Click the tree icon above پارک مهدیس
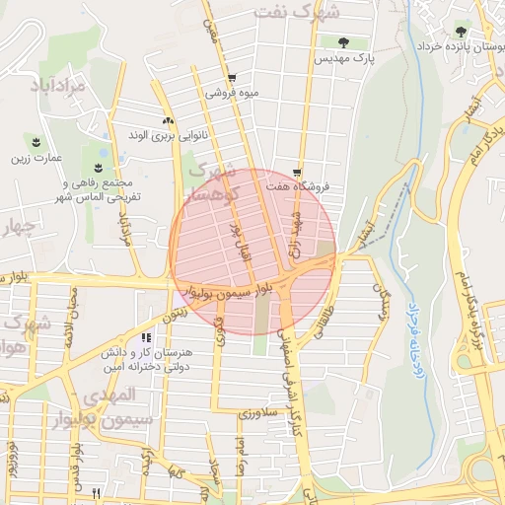click(343, 42)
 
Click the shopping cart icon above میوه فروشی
click(231, 78)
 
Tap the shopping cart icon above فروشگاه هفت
click(296, 172)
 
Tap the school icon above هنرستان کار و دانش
click(147, 338)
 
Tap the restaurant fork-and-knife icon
click(96, 492)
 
